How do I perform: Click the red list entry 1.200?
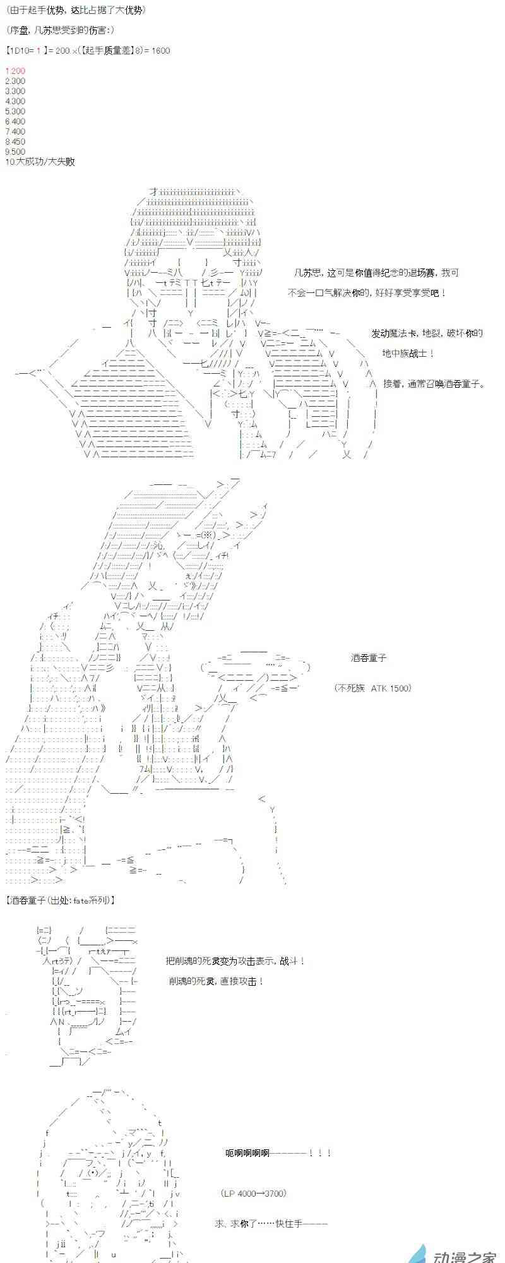click(x=15, y=71)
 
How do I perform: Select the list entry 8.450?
click(x=15, y=141)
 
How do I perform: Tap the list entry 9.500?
click(x=15, y=152)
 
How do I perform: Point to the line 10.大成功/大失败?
click(x=39, y=162)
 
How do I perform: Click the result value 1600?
click(x=160, y=51)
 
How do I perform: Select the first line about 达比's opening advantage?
click(x=74, y=10)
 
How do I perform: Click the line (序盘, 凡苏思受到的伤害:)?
click(x=59, y=30)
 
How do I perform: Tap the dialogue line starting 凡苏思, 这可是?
click(x=376, y=273)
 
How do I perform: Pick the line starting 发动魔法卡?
click(x=427, y=333)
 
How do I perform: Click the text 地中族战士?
click(x=408, y=354)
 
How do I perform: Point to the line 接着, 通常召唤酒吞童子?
click(x=435, y=383)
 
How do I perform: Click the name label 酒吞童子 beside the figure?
click(x=369, y=658)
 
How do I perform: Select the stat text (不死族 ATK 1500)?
click(x=372, y=688)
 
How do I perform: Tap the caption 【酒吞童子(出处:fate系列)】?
click(x=61, y=901)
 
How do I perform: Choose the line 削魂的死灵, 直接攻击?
click(x=217, y=981)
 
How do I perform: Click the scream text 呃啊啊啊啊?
click(x=278, y=1153)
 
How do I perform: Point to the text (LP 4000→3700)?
click(x=254, y=1194)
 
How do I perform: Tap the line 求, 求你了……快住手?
click(x=271, y=1224)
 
